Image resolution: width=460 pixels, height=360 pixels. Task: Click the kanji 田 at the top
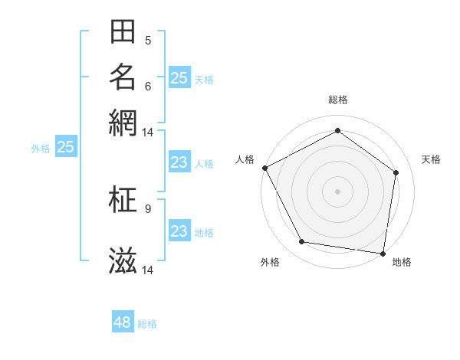(123, 32)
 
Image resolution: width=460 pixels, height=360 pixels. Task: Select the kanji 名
(123, 77)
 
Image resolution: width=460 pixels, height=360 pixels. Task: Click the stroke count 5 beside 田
(148, 40)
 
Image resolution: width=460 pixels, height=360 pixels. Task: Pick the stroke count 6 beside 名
(148, 85)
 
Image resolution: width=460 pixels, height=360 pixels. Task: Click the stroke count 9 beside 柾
(148, 208)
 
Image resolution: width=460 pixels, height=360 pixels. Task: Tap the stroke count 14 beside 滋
(148, 270)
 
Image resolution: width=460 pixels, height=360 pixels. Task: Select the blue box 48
(123, 322)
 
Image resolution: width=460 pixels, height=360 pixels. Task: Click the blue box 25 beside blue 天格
(179, 77)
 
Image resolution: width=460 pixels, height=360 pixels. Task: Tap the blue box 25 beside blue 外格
(66, 147)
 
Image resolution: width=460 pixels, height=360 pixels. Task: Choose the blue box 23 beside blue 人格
(179, 162)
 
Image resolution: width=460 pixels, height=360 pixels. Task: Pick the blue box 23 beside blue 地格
(179, 231)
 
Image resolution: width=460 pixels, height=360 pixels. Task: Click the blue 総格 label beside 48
(147, 324)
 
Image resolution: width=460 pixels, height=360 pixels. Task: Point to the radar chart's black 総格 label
(338, 100)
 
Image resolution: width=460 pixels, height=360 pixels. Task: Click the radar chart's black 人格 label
(245, 159)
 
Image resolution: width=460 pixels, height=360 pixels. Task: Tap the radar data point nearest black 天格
(396, 172)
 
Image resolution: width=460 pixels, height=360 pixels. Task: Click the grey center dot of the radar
(338, 191)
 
